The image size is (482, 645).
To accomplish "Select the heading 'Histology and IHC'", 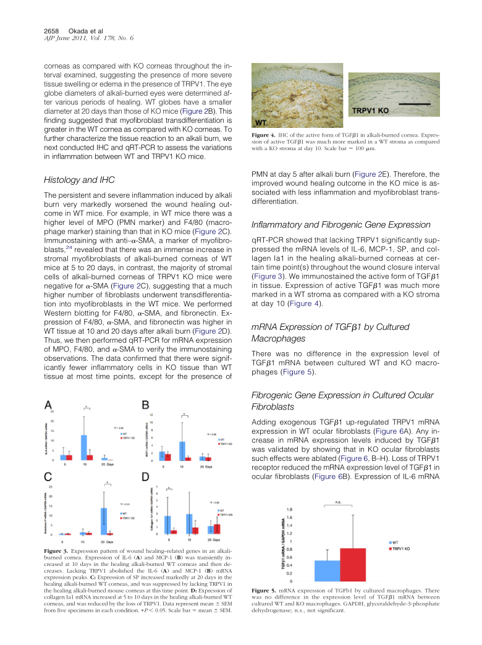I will [80, 180].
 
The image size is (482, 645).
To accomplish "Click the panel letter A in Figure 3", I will [48, 405].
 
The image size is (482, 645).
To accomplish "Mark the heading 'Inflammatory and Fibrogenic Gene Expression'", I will [342, 225].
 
